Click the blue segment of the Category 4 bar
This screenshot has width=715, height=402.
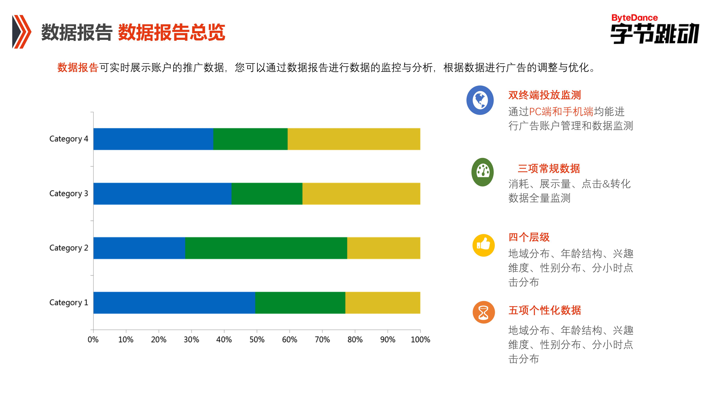click(x=153, y=139)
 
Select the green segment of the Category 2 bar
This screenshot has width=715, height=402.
click(x=266, y=248)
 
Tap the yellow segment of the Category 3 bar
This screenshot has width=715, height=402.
click(x=361, y=194)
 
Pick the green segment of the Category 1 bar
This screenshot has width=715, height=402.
click(x=300, y=303)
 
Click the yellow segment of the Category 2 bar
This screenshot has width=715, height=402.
click(x=384, y=248)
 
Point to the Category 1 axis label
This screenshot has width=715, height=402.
click(x=69, y=303)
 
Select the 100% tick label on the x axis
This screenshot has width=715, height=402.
click(x=420, y=340)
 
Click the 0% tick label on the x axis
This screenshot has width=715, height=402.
click(x=93, y=340)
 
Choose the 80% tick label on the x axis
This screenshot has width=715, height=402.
click(x=355, y=340)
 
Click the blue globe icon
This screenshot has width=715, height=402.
click(x=480, y=100)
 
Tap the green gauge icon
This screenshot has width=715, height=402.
click(x=482, y=172)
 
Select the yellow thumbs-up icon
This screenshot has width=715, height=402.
click(x=484, y=245)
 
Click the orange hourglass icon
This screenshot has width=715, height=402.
click(x=484, y=312)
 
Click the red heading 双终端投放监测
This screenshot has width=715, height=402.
click(x=545, y=95)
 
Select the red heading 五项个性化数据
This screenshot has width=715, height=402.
click(x=545, y=310)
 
